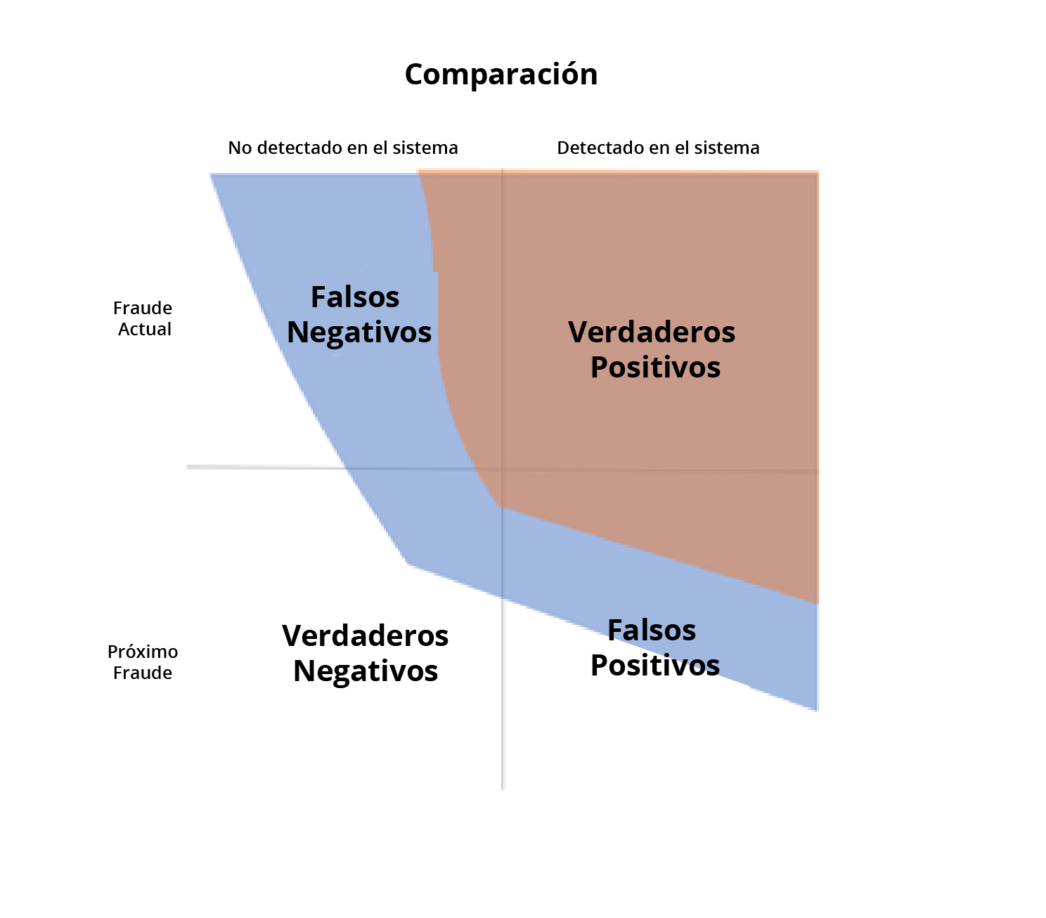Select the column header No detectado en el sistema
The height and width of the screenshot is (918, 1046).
point(343,148)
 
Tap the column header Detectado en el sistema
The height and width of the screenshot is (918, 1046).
point(658,148)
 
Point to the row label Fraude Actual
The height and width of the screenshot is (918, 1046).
point(143,318)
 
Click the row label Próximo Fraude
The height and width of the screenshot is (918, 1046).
point(143,662)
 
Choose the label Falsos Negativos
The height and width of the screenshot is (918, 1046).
point(359,314)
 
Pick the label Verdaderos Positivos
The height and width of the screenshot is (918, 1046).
point(652,349)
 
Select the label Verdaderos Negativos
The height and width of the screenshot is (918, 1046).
point(366,653)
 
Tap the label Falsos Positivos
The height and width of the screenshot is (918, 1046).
point(654,647)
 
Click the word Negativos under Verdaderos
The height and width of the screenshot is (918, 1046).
point(366,671)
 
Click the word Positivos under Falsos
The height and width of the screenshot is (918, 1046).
point(654,665)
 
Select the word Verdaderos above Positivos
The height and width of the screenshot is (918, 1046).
point(652,332)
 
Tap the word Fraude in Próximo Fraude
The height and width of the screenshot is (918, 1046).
point(143,673)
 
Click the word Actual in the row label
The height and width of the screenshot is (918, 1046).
point(145,329)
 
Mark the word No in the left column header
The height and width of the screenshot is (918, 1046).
point(240,148)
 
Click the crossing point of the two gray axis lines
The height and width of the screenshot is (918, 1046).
point(503,469)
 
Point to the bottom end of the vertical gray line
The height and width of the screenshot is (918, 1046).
point(503,789)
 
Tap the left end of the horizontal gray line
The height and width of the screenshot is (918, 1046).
point(187,467)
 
